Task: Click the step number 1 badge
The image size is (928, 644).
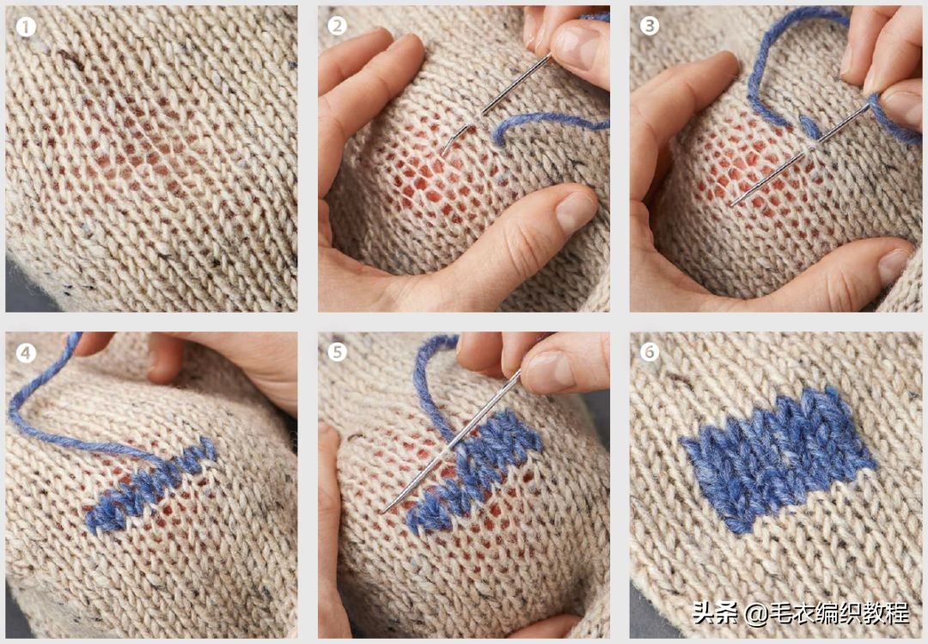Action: coord(26,27)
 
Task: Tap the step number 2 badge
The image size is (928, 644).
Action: coord(338,26)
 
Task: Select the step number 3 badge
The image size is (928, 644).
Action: coord(650,26)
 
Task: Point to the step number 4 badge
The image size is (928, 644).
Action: coord(26,353)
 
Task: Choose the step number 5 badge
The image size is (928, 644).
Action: coord(338,352)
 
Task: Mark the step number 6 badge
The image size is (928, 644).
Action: coord(650,352)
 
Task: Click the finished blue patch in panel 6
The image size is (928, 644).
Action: coord(775,455)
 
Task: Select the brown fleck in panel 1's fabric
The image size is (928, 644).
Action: coord(71,58)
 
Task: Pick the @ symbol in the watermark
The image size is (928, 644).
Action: coord(756,613)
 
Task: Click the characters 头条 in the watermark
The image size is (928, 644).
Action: coord(715,612)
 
